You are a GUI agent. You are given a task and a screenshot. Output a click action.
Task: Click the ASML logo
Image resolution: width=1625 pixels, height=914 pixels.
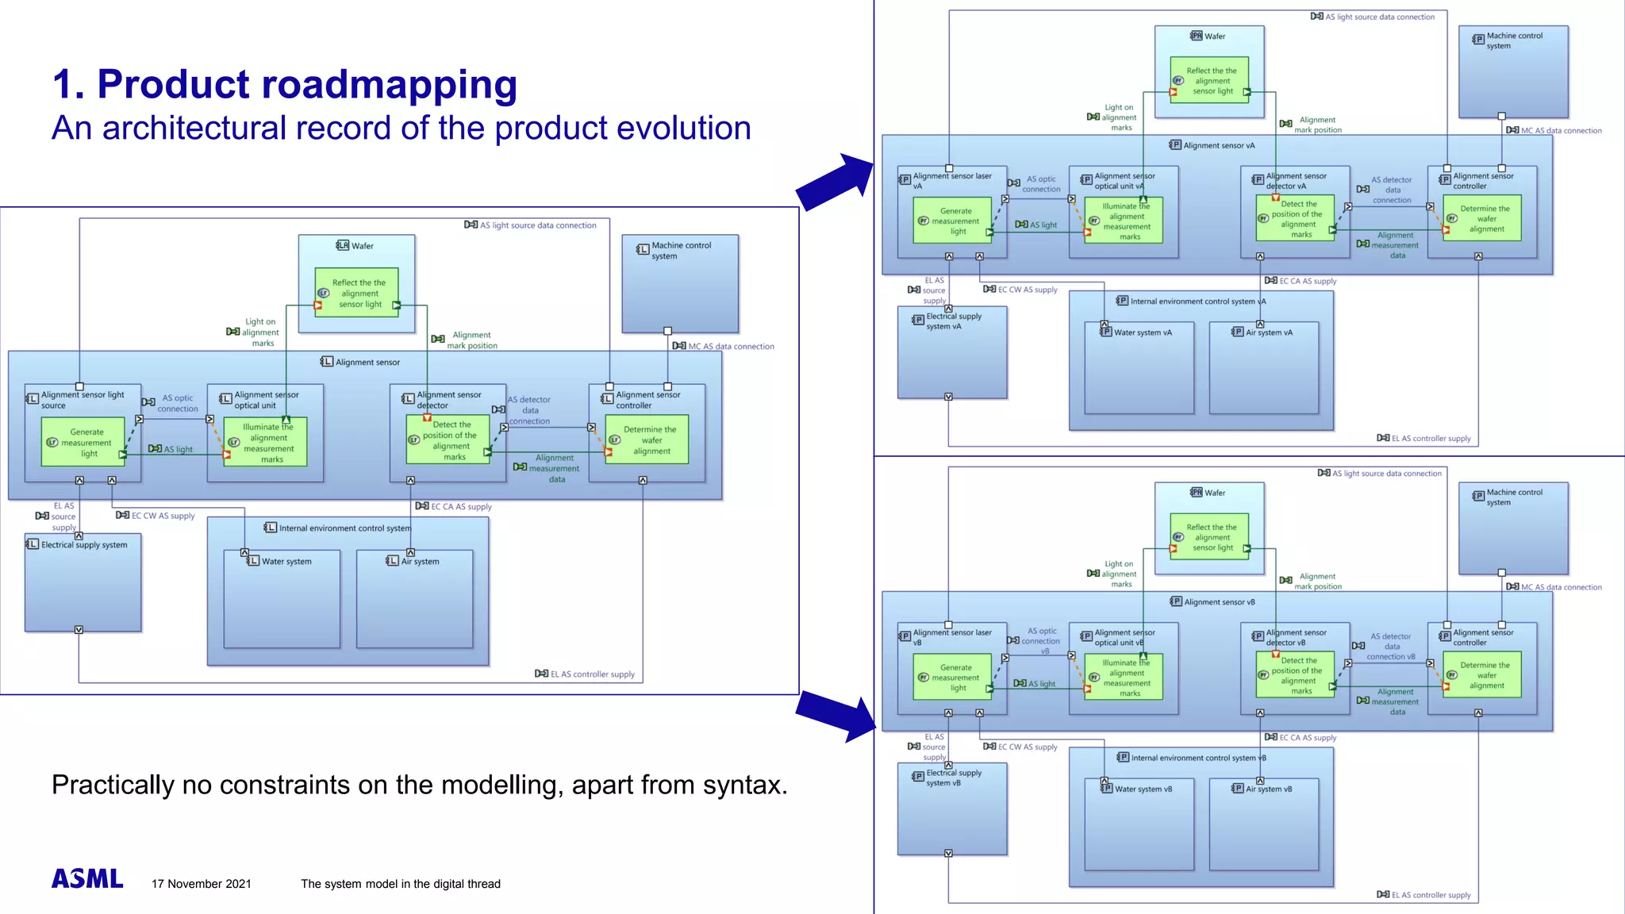pos(87,878)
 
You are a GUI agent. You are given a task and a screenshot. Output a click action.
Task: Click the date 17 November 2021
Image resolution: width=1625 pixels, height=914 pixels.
pos(201,884)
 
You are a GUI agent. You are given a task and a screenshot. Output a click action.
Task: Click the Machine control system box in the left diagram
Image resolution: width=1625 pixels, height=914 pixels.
pos(680,284)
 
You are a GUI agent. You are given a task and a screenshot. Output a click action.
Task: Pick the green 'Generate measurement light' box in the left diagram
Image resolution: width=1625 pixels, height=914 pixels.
pos(83,443)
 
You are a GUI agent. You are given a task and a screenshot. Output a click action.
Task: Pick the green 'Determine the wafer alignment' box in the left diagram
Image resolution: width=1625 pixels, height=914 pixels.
pos(646,440)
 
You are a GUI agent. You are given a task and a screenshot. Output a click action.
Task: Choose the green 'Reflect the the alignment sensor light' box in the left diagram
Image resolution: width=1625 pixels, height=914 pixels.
pos(356,293)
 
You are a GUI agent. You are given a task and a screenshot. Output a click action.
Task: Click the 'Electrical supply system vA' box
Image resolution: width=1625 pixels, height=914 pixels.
pos(952,353)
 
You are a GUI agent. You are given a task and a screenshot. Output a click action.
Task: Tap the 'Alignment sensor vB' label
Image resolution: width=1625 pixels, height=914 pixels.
pos(1219,602)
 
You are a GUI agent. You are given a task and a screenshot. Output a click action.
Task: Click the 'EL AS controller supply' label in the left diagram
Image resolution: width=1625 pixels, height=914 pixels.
pos(592,674)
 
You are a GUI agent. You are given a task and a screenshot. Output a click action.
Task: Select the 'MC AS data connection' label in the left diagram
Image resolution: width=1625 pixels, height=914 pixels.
pos(730,347)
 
